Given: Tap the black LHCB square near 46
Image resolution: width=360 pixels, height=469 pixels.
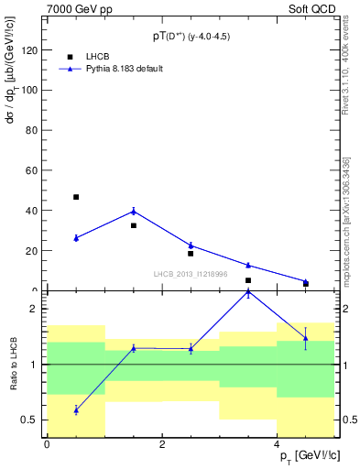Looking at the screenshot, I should coord(76,197).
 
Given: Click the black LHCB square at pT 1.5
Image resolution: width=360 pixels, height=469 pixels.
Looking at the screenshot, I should coord(134,225).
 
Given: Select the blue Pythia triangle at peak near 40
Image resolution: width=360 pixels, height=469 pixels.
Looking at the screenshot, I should coord(134,212).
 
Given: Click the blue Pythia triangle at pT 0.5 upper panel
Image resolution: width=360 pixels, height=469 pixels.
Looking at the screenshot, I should coord(76,238).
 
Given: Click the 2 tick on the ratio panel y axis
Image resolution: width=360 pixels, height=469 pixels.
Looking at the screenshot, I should coord(38,309).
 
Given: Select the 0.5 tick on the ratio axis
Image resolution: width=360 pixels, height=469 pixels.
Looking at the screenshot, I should coord(33,420).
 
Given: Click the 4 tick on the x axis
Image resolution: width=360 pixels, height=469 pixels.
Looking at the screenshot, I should coord(277,444).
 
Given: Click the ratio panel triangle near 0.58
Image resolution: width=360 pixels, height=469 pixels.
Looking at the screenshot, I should coord(76,410).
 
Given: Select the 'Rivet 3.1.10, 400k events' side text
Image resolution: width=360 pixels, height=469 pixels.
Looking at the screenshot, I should coord(346,73).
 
